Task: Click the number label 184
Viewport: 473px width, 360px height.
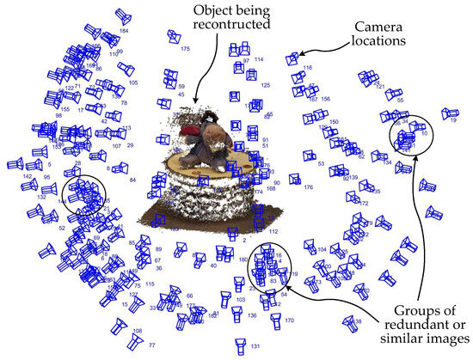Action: (125, 31)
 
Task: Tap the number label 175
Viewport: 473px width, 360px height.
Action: (184, 49)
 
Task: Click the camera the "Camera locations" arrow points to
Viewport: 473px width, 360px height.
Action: (294, 58)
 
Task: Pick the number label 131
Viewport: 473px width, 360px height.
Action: (255, 346)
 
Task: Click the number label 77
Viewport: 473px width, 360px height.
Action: (128, 344)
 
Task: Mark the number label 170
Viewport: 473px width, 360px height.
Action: (289, 320)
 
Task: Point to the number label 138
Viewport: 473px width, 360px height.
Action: (357, 321)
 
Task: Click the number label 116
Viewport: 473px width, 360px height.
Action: (308, 67)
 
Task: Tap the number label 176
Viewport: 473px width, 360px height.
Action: (308, 187)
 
